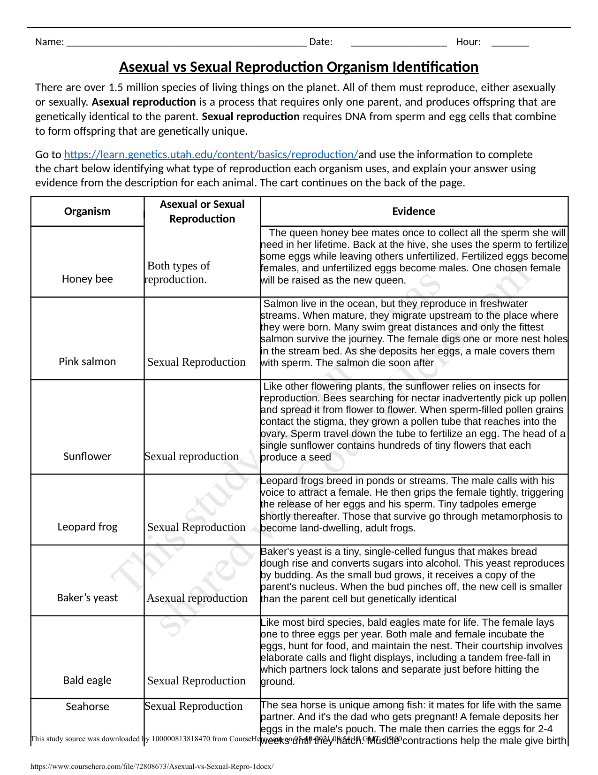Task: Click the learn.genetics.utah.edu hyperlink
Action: coord(211,154)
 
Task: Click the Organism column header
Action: coord(87,211)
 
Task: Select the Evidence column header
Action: coord(413,211)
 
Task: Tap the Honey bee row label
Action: coord(87,279)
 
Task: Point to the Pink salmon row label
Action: coord(87,361)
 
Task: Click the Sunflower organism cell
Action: coord(87,456)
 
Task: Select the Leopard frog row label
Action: coord(87,527)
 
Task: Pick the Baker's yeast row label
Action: coord(87,598)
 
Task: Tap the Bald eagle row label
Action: coord(87,680)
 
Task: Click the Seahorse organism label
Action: coord(87,706)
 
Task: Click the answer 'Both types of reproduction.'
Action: coord(177,272)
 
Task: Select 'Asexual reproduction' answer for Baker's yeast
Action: coord(197,598)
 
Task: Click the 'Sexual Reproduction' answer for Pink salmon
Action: coord(196,362)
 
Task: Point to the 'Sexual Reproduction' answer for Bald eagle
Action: coord(196,681)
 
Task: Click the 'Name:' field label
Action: coord(49,42)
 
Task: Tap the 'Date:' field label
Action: coord(321,42)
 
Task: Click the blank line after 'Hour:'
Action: coord(510,43)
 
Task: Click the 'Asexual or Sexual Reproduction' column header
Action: coord(202,211)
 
